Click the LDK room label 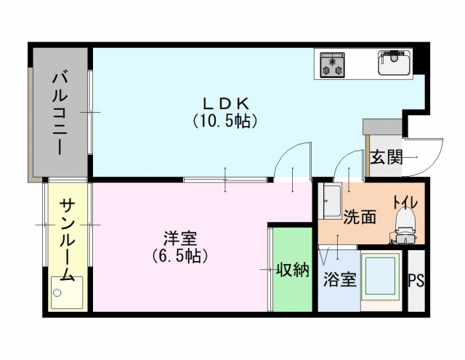pyautogui.click(x=225, y=104)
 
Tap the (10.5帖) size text pyautogui.click(x=225, y=121)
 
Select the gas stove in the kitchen pyautogui.click(x=333, y=65)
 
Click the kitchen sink pyautogui.click(x=395, y=63)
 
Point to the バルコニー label pyautogui.click(x=60, y=114)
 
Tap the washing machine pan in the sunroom pyautogui.click(x=67, y=292)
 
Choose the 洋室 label pyautogui.click(x=181, y=239)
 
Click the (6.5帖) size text pyautogui.click(x=180, y=256)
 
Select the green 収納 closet pyautogui.click(x=292, y=270)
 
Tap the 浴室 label pyautogui.click(x=340, y=279)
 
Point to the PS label pyautogui.click(x=416, y=280)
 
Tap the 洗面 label pyautogui.click(x=360, y=216)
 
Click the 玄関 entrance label pyautogui.click(x=387, y=157)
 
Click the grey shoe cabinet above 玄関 pyautogui.click(x=383, y=127)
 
